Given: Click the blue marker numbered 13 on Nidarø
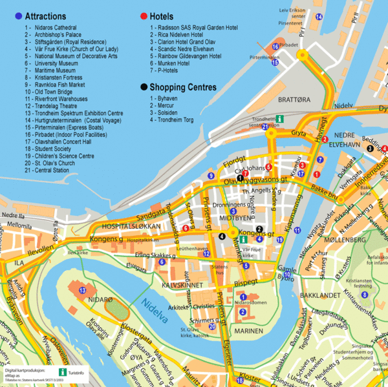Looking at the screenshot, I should pyautogui.click(x=83, y=291).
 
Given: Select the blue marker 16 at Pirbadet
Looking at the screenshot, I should pyautogui.click(x=275, y=47).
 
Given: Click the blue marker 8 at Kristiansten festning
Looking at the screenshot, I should pyautogui.click(x=364, y=295).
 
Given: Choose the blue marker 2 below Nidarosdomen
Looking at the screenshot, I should pyautogui.click(x=242, y=313).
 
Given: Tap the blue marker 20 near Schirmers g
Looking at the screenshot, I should pyautogui.click(x=212, y=327).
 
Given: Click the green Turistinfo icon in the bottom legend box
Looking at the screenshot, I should pyautogui.click(x=63, y=371).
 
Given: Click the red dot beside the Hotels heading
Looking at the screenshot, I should pyautogui.click(x=144, y=16).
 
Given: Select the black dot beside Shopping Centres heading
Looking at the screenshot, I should pyautogui.click(x=144, y=87).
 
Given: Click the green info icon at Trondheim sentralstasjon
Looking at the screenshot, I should pyautogui.click(x=279, y=120).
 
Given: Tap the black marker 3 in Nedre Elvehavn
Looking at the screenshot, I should pyautogui.click(x=369, y=148).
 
